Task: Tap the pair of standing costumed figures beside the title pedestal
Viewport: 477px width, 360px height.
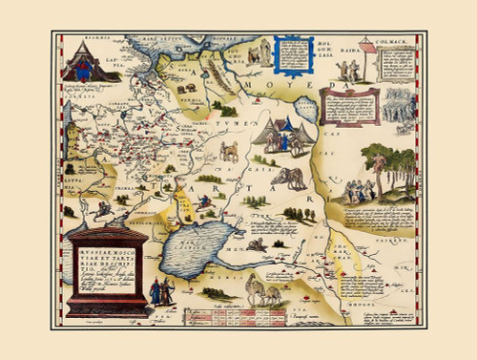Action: (159, 291)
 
